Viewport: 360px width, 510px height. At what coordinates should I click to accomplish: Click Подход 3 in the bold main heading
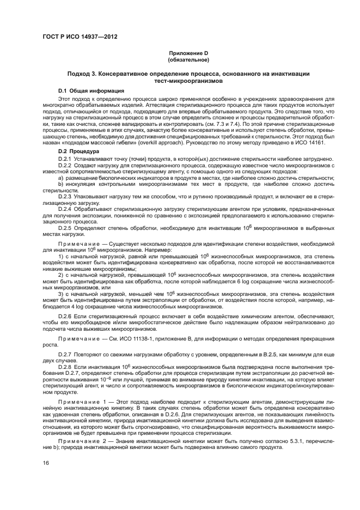[83, 73]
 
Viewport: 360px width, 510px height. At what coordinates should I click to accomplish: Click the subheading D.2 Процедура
[78, 151]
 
